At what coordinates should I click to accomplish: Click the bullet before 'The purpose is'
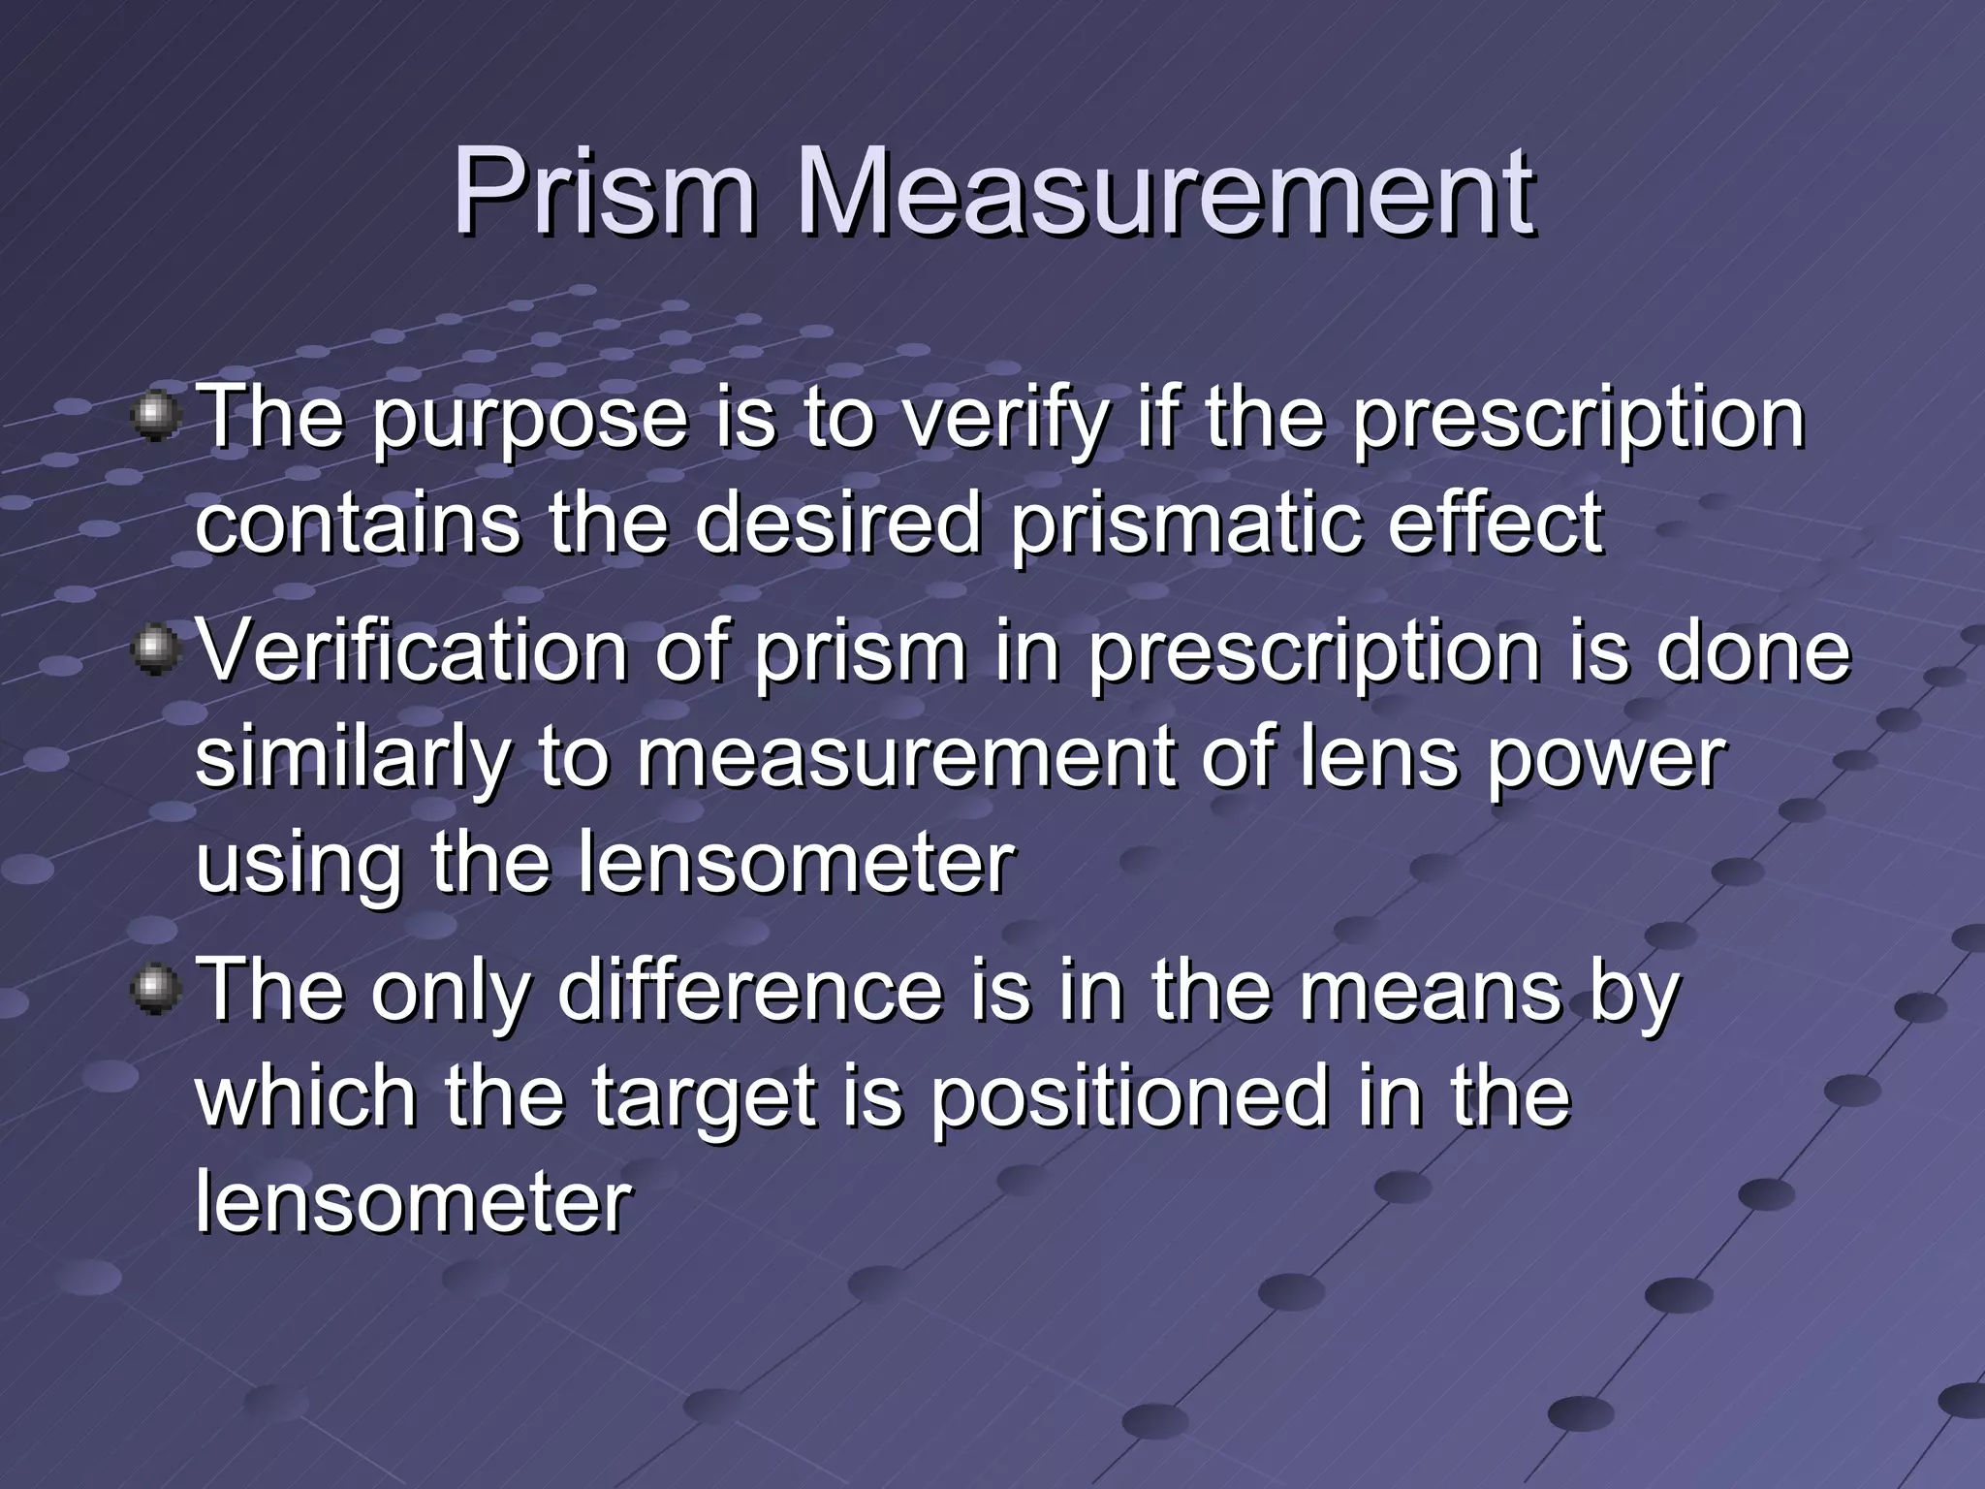(156, 418)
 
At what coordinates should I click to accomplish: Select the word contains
(357, 523)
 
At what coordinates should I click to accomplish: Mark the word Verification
(413, 651)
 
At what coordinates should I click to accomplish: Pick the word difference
(749, 991)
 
